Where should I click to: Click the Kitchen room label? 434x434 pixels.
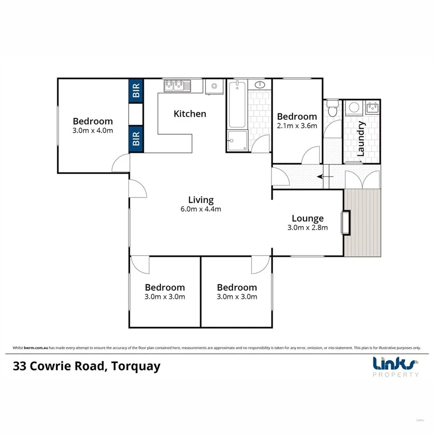(190, 114)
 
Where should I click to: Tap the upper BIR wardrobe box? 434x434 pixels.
(136, 90)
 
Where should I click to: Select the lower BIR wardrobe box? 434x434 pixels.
(136, 139)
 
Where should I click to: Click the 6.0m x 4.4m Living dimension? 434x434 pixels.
(201, 209)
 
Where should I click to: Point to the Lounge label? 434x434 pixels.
(307, 218)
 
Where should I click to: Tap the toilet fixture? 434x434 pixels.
(332, 108)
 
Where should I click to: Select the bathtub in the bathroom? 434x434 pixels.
(237, 105)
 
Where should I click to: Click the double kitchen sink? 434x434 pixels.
(177, 86)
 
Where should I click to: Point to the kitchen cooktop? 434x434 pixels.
(213, 87)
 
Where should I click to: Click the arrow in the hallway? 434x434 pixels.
(325, 177)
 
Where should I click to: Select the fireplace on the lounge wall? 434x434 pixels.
(345, 222)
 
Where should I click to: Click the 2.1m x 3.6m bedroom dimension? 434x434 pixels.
(297, 126)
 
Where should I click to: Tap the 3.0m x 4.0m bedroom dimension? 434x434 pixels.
(93, 130)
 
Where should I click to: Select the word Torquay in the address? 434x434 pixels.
(136, 366)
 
